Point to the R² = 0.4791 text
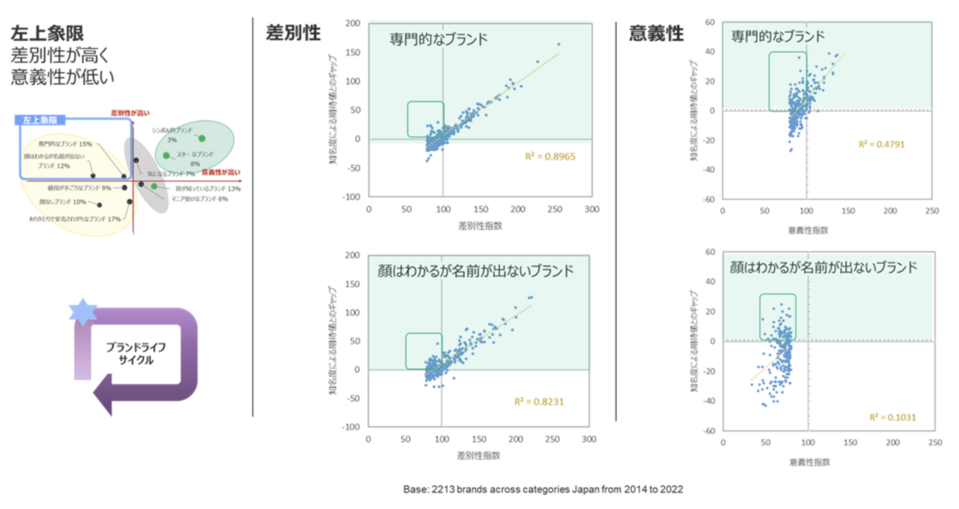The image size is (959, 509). click(882, 144)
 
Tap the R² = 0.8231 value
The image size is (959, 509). click(539, 401)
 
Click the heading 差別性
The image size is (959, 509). click(293, 33)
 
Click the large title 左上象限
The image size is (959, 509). click(46, 33)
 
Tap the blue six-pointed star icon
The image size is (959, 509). click(82, 311)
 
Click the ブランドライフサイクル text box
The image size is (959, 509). click(136, 353)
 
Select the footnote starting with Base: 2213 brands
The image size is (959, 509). click(542, 489)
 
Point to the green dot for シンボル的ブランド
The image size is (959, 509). click(202, 138)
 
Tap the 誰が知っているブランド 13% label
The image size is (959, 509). click(208, 189)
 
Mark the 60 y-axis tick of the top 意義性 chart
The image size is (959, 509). click(709, 22)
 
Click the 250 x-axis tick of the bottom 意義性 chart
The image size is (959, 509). click(932, 443)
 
